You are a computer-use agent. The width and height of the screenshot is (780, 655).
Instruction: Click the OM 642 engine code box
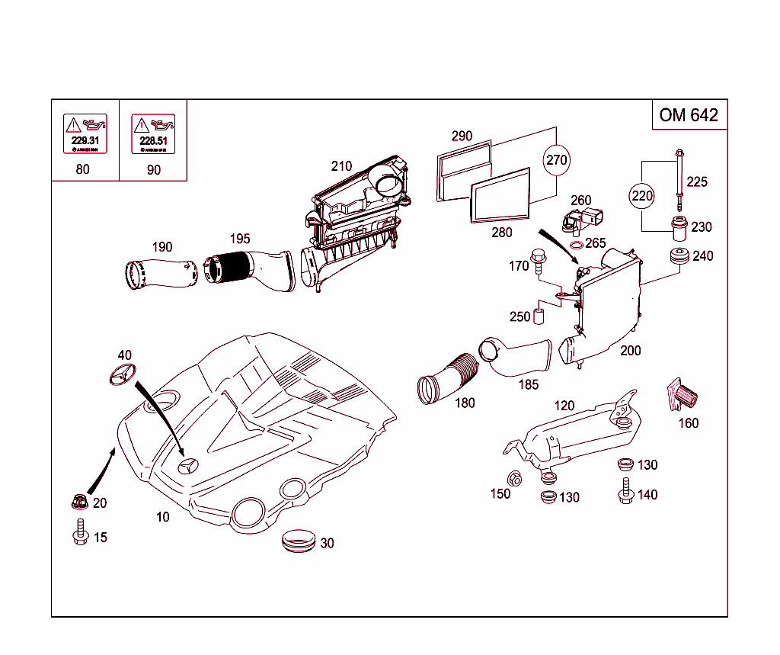click(689, 115)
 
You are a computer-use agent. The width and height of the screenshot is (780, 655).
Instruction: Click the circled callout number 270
click(557, 161)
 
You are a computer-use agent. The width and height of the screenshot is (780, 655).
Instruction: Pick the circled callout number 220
click(643, 196)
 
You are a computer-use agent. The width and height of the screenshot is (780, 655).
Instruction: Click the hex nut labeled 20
click(78, 502)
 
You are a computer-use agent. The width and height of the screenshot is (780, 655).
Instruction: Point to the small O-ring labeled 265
click(577, 245)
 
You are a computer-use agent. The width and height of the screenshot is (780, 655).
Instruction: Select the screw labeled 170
click(539, 261)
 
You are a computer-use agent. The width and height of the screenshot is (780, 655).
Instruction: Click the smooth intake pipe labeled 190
click(161, 273)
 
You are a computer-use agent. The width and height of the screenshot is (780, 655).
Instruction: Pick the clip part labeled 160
click(684, 396)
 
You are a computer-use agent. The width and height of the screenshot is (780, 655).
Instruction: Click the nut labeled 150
click(514, 480)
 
